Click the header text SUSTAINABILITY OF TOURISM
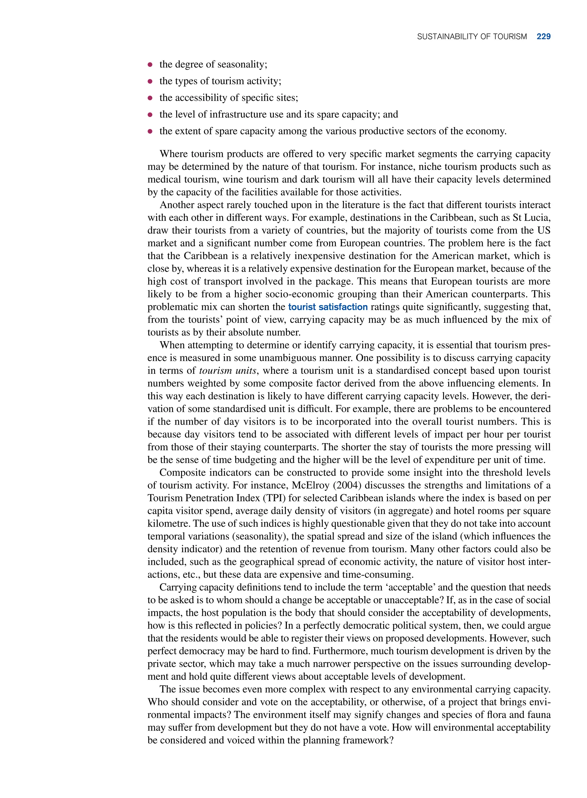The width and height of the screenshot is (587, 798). coord(471,37)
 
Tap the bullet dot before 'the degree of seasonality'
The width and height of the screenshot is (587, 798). coord(150,65)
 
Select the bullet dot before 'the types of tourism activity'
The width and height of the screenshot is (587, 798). coord(150,81)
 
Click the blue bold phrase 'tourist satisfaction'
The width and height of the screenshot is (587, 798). coord(328,307)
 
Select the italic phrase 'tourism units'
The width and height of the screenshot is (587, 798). coord(227,371)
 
